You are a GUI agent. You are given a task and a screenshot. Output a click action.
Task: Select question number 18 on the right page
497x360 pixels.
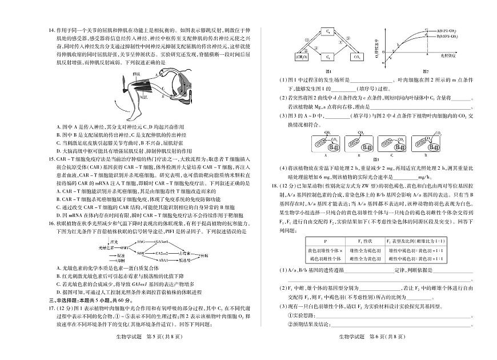tap(267, 186)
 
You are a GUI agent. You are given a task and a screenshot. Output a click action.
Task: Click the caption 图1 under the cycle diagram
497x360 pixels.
tap(328, 71)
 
